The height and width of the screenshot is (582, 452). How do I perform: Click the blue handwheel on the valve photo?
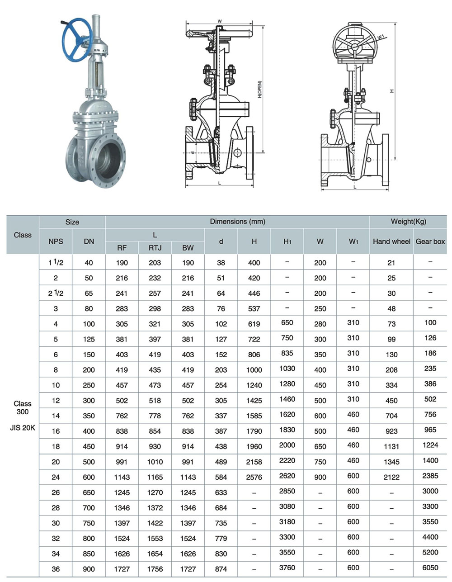click(64, 40)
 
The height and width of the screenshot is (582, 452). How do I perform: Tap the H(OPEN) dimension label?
click(259, 89)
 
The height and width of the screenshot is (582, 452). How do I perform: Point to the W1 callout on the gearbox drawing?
click(381, 37)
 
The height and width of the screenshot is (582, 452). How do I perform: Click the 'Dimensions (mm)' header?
click(237, 222)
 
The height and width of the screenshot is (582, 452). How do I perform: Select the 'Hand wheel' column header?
click(391, 241)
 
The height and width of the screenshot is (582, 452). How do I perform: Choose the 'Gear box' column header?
click(430, 241)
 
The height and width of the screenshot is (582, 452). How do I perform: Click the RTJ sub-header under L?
click(155, 248)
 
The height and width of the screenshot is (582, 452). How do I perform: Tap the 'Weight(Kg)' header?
click(408, 222)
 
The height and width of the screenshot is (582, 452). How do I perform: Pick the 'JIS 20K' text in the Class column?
click(23, 428)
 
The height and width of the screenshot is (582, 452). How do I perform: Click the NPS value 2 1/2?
click(56, 293)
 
